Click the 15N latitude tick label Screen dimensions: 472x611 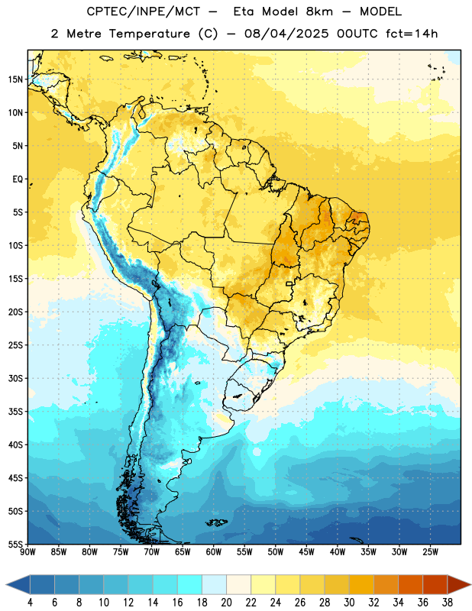point(15,79)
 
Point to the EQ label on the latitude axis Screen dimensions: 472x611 point(18,179)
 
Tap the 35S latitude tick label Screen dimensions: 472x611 point(15,412)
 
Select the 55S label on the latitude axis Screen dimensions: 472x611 point(15,545)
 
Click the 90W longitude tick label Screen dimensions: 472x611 point(27,552)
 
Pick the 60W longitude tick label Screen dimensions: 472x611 point(214,552)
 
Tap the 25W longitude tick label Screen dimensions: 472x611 point(431,552)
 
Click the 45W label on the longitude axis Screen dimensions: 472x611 point(307,552)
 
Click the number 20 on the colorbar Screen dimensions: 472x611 point(226,603)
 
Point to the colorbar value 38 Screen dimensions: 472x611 point(448,603)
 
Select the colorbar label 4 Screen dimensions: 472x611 point(30,603)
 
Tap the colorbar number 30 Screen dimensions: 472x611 point(349,603)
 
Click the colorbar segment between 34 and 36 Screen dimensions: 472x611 point(410,584)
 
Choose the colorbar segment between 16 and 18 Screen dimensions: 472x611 point(189,584)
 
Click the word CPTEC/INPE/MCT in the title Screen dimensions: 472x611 point(144,11)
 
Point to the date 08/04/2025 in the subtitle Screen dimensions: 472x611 point(286,34)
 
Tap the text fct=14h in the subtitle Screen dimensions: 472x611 point(412,34)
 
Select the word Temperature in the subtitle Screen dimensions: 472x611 point(149,34)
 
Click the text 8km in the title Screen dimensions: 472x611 point(319,11)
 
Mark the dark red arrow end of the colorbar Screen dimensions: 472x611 point(459,584)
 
